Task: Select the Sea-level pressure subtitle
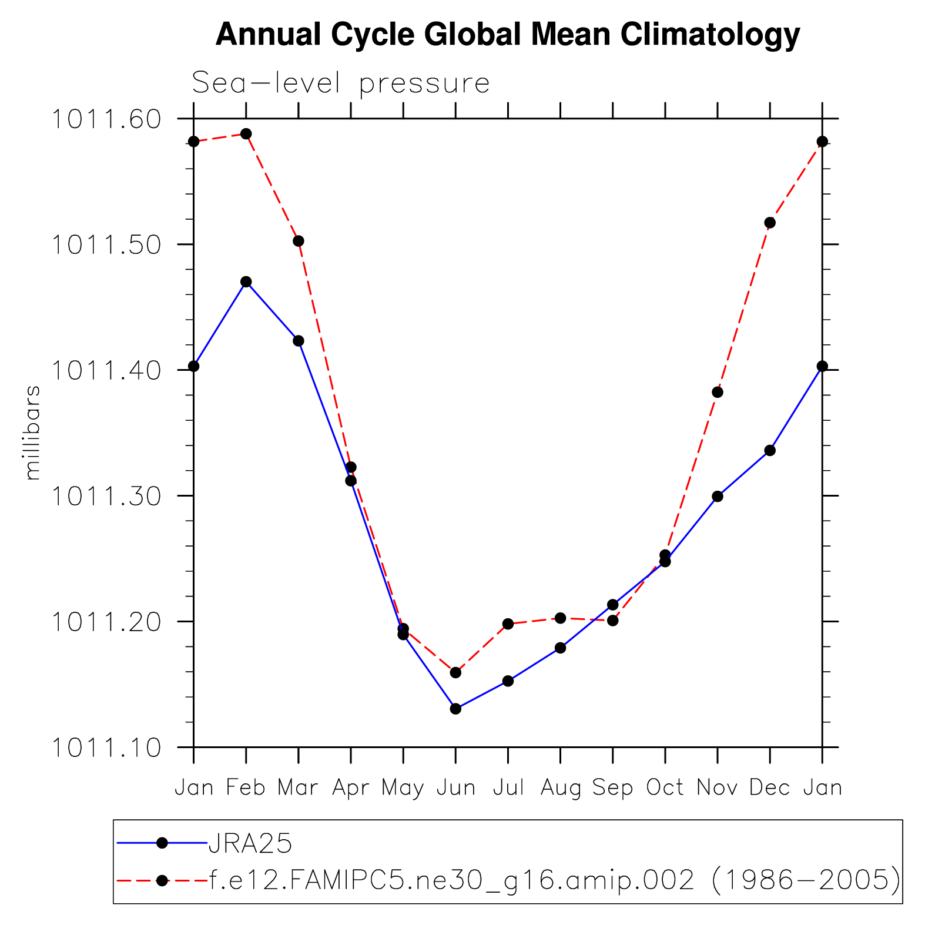pyautogui.click(x=341, y=83)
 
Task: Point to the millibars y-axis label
pyautogui.click(x=33, y=433)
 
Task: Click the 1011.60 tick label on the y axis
pyautogui.click(x=106, y=119)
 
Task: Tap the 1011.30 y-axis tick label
pyautogui.click(x=106, y=497)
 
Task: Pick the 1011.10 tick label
pyautogui.click(x=106, y=748)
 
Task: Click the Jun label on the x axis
pyautogui.click(x=456, y=787)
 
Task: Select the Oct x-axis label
pyautogui.click(x=665, y=787)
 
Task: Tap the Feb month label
pyautogui.click(x=246, y=787)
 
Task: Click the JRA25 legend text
pyautogui.click(x=250, y=844)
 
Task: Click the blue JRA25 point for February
pyautogui.click(x=246, y=282)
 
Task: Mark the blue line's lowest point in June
pyautogui.click(x=455, y=709)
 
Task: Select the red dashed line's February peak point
pyautogui.click(x=246, y=134)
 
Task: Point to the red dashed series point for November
pyautogui.click(x=718, y=392)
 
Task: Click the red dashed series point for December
pyautogui.click(x=770, y=223)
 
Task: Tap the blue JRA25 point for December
pyautogui.click(x=770, y=451)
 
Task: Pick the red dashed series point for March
pyautogui.click(x=299, y=241)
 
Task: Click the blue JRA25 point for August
pyautogui.click(x=561, y=648)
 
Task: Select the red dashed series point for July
pyautogui.click(x=508, y=624)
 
